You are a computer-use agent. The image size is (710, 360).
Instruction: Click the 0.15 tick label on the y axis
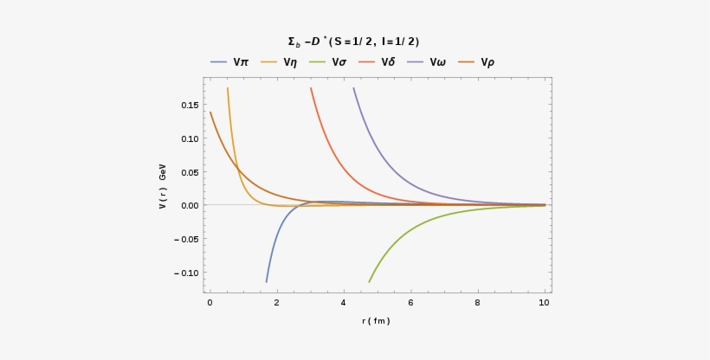190,106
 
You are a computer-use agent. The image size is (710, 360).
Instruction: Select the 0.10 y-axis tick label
190,138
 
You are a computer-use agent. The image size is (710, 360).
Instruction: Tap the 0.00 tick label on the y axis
190,205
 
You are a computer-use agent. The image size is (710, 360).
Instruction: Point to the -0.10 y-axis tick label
187,273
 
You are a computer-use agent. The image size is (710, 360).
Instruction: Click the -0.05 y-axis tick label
187,239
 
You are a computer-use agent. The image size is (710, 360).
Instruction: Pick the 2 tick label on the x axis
276,303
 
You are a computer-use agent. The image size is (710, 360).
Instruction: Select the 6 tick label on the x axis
410,303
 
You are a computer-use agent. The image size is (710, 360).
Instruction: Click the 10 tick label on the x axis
544,303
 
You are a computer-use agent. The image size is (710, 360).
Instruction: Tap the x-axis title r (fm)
376,321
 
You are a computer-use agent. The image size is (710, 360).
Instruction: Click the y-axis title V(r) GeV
162,190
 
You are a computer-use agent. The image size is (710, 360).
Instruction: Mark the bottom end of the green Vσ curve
370,281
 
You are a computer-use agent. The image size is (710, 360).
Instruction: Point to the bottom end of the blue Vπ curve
267,281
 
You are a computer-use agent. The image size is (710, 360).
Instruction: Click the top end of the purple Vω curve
353,87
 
